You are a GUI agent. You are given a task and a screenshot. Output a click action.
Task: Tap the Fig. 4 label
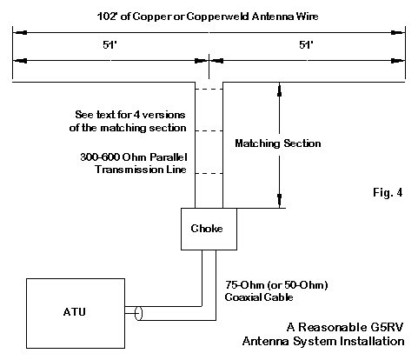(388, 192)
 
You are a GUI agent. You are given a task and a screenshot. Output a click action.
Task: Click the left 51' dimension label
(109, 45)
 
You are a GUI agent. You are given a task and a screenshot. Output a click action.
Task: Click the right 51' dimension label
(306, 45)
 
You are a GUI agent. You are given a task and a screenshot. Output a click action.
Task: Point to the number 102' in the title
(108, 17)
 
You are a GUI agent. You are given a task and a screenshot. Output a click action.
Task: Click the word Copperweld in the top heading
(217, 17)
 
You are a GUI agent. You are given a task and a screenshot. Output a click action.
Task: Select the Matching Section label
(278, 143)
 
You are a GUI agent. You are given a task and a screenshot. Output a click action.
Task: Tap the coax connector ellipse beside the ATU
(139, 313)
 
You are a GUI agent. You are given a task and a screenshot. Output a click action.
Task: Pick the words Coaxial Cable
(259, 297)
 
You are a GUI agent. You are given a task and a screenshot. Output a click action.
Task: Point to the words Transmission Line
(141, 170)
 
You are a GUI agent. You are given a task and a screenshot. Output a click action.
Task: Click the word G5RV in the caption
(387, 327)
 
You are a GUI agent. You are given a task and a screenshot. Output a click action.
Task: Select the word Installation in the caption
(372, 341)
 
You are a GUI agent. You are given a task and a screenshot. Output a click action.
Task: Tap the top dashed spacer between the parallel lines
(209, 90)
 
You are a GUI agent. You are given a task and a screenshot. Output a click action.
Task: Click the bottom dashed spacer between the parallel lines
(209, 174)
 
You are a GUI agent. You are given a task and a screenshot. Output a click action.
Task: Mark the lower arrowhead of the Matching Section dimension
(279, 201)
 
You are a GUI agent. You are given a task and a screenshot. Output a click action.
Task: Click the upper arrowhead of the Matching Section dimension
(279, 90)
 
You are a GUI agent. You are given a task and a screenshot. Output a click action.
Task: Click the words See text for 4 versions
(130, 115)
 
